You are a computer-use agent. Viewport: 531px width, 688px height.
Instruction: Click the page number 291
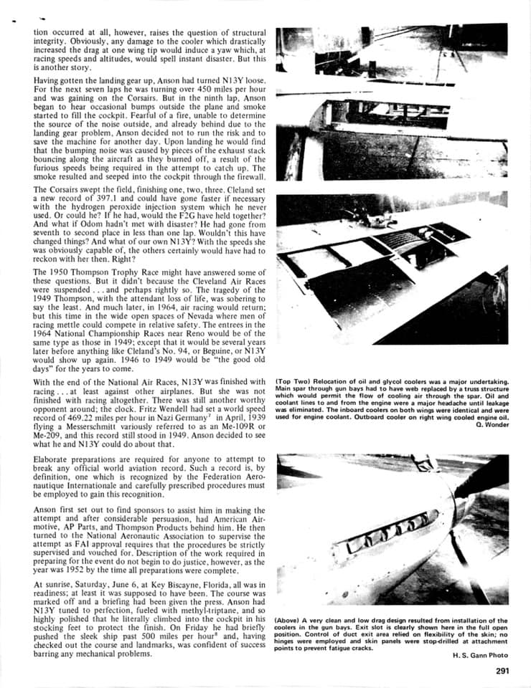click(502, 672)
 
